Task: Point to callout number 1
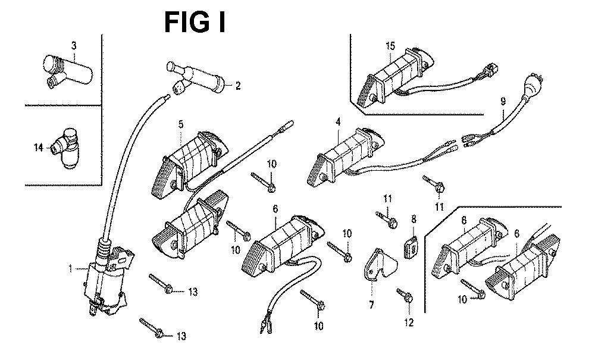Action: click(x=71, y=269)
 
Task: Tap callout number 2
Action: click(x=237, y=86)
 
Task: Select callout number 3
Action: click(x=74, y=45)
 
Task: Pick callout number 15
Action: click(x=390, y=46)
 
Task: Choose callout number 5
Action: click(x=181, y=124)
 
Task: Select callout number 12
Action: click(x=408, y=323)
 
